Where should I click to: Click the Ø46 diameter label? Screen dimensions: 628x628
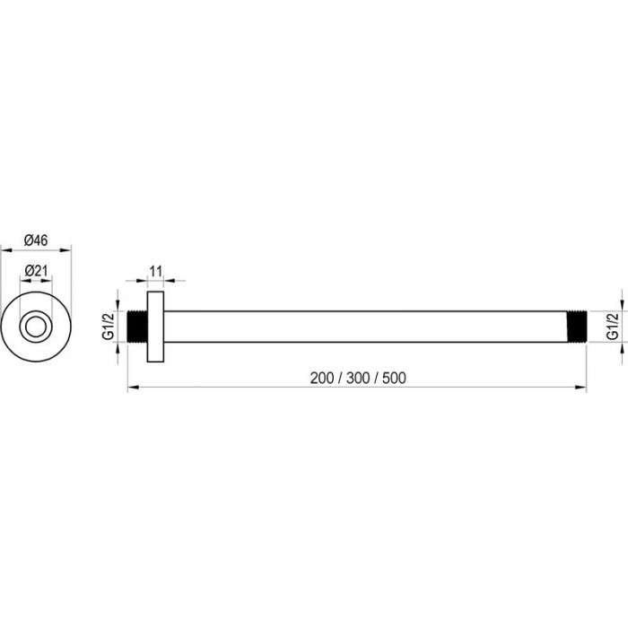(36, 240)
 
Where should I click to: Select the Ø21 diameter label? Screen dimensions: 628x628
(36, 271)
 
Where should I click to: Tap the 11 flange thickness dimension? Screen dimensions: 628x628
(155, 271)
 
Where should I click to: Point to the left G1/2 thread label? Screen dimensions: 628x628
(109, 327)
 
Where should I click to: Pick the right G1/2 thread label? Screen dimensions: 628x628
(613, 327)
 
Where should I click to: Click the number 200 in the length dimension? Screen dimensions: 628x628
(322, 378)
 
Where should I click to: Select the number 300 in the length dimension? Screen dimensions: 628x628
(358, 378)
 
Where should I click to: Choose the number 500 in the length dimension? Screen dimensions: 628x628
(394, 378)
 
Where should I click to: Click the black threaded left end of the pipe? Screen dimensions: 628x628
(137, 327)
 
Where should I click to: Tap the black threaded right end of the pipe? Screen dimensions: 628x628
(577, 327)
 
